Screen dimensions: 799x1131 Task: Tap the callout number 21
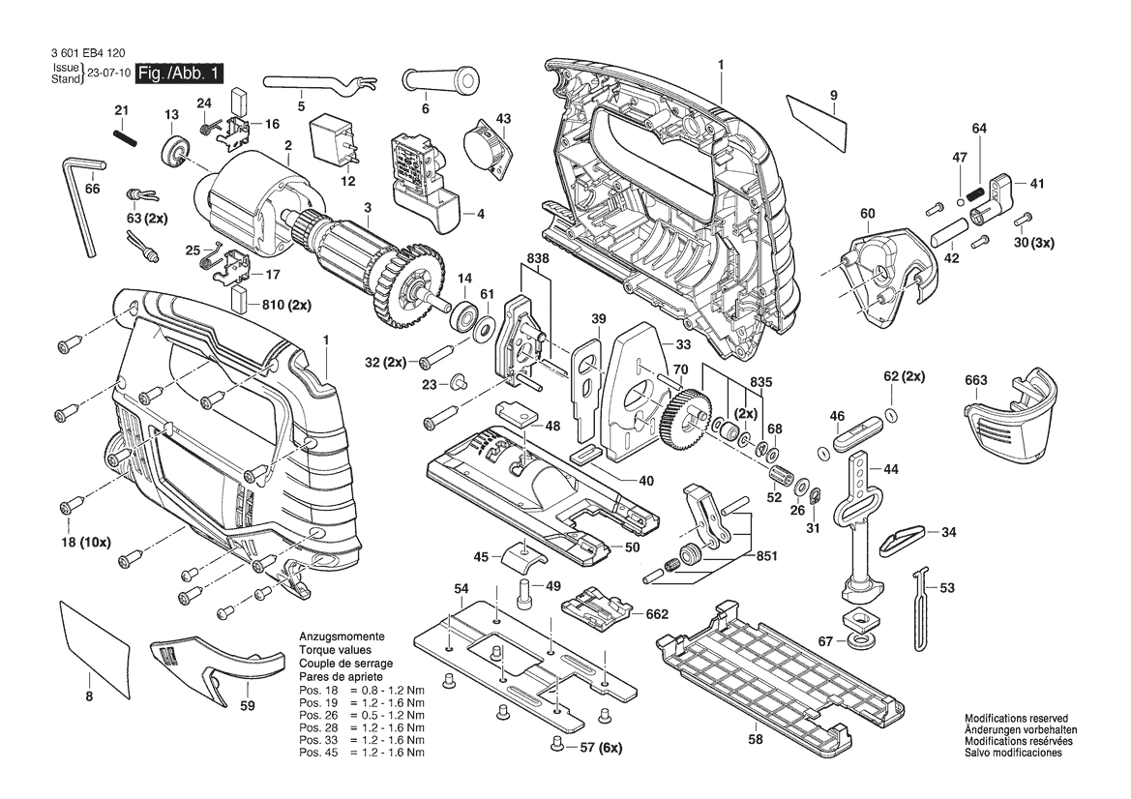(x=121, y=110)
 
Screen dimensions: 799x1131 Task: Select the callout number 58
(x=755, y=739)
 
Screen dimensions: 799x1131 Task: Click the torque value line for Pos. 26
(x=361, y=715)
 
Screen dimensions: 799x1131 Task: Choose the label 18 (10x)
(x=85, y=543)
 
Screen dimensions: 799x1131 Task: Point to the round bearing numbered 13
(x=175, y=152)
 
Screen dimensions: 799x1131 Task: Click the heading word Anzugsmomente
(x=342, y=638)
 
